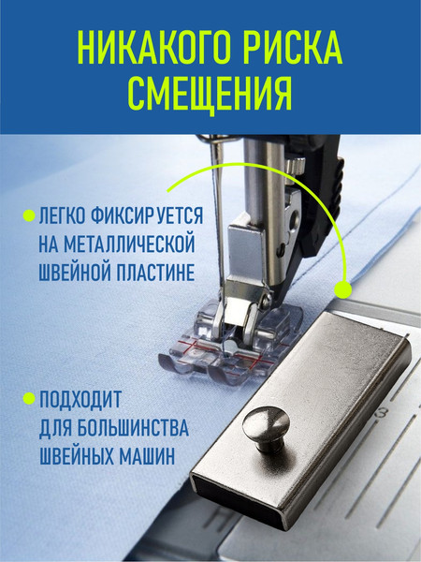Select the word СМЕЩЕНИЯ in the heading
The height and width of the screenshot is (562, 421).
pos(210,92)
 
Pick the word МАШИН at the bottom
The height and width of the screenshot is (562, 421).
pos(154,456)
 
